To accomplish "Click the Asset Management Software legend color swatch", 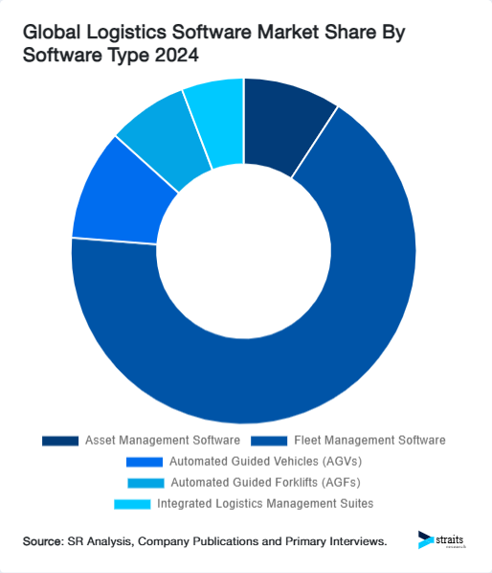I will click(60, 441).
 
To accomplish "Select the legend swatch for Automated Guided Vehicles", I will click(145, 462).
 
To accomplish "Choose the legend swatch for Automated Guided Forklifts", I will click(143, 482).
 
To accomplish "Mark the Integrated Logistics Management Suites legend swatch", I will click(132, 503).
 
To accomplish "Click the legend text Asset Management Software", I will click(162, 441).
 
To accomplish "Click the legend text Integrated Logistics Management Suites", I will click(265, 503).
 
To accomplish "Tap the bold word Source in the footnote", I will click(46, 542).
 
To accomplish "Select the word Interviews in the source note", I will click(355, 542).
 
